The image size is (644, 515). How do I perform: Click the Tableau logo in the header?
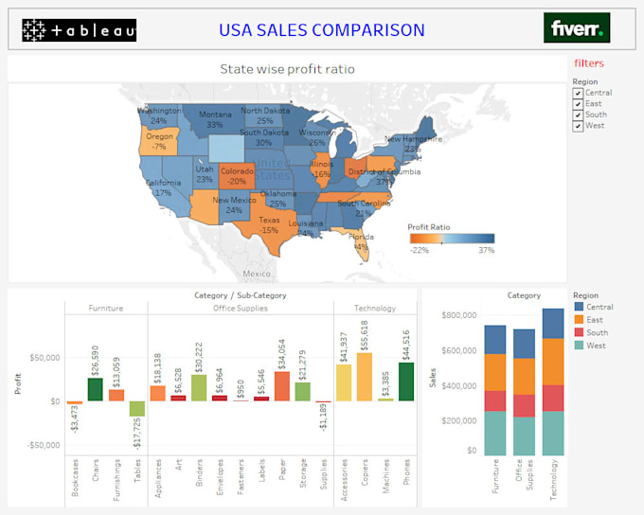[79, 30]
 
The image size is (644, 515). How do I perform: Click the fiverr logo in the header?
[577, 27]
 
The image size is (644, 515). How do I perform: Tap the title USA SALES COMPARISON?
[322, 30]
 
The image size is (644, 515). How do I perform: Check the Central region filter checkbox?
[578, 93]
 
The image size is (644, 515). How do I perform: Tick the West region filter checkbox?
[578, 126]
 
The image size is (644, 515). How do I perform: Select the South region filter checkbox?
[578, 115]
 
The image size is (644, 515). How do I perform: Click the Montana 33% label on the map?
[215, 119]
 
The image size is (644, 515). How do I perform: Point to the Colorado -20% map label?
[237, 176]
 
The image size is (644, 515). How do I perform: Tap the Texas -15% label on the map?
[270, 224]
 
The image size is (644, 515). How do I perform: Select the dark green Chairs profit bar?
[96, 389]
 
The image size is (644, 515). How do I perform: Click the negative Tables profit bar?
[137, 409]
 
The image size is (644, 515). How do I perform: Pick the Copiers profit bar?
[365, 377]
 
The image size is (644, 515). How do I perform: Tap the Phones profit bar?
[406, 382]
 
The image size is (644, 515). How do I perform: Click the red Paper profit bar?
[282, 386]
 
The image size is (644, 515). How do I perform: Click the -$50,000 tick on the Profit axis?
[41, 445]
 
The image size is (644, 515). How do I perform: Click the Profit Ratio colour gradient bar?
[451, 240]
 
